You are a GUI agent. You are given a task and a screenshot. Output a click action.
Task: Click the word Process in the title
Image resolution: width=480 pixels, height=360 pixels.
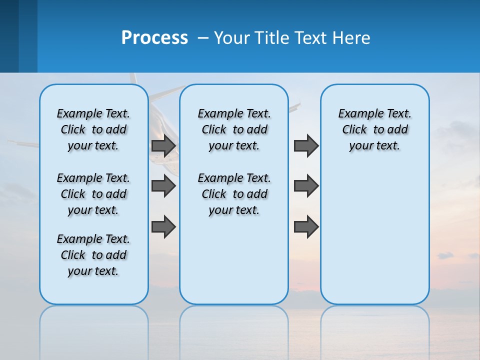[154, 38]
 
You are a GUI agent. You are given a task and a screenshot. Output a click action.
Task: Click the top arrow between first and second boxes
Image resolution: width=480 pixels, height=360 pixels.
[163, 145]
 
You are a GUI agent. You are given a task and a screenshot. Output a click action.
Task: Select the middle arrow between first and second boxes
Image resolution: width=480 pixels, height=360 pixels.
[163, 186]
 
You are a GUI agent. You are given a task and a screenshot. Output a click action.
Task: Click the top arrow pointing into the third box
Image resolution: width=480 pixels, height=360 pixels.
[306, 145]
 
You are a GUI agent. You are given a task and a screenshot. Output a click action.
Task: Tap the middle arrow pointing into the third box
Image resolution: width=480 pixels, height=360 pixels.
[306, 186]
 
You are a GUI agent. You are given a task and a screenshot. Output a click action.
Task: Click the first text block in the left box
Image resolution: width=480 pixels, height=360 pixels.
[93, 129]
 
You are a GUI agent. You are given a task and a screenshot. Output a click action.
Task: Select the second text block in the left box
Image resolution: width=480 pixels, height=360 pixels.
[93, 194]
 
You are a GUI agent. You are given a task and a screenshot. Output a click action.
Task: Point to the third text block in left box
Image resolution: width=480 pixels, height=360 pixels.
[93, 255]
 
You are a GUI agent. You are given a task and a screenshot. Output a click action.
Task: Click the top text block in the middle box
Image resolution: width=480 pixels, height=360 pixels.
[234, 129]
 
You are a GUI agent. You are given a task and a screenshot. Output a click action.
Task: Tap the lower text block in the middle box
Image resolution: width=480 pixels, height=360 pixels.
[234, 194]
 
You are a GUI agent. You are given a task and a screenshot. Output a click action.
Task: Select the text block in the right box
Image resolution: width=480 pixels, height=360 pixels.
[374, 129]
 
